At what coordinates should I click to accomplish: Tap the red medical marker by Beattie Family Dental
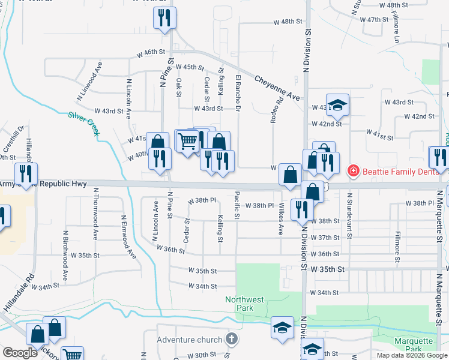[x=354, y=170]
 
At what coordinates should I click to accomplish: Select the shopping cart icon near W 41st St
[x=187, y=142]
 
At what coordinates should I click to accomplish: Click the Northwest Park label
[x=244, y=304]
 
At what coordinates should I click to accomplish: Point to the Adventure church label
[x=189, y=340]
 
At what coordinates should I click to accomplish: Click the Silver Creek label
[x=83, y=124]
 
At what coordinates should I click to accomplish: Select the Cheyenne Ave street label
[x=276, y=88]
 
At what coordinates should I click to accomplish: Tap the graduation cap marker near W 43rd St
[x=338, y=105]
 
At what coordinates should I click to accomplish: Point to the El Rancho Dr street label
[x=238, y=94]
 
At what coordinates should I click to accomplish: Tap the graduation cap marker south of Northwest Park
[x=282, y=328]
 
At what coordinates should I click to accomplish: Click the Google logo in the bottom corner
[x=20, y=353]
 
